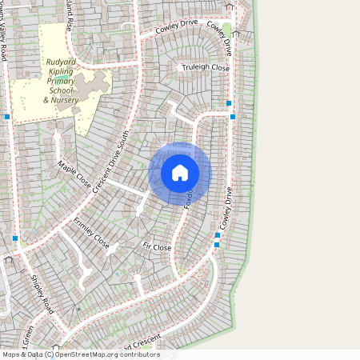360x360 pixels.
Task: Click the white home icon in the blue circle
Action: coord(180,173)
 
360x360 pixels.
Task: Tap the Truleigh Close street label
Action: coord(206,68)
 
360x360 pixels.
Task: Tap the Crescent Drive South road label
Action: coord(111,161)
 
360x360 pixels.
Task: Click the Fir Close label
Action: coord(157,248)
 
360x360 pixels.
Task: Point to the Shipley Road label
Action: coord(42,293)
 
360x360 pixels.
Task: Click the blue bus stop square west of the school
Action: coord(7,117)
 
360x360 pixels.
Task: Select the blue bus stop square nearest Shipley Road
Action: coord(15,238)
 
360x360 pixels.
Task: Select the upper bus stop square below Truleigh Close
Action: coord(229,103)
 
